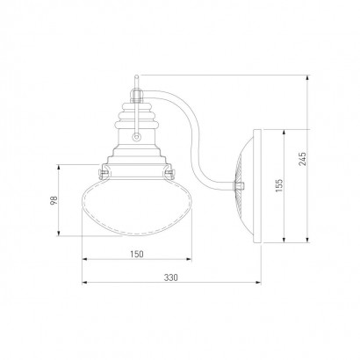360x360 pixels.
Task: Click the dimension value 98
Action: tap(54, 200)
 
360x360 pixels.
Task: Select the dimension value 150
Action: tap(137, 254)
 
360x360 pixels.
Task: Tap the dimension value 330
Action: tap(170, 277)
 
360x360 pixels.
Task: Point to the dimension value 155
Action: tap(279, 185)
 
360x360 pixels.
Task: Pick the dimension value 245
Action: tap(303, 159)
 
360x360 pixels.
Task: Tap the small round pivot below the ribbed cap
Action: tap(136, 136)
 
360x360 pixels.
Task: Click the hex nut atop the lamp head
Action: tap(136, 95)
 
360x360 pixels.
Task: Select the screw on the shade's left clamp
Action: tap(103, 174)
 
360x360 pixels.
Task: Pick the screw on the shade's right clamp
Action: tap(169, 173)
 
